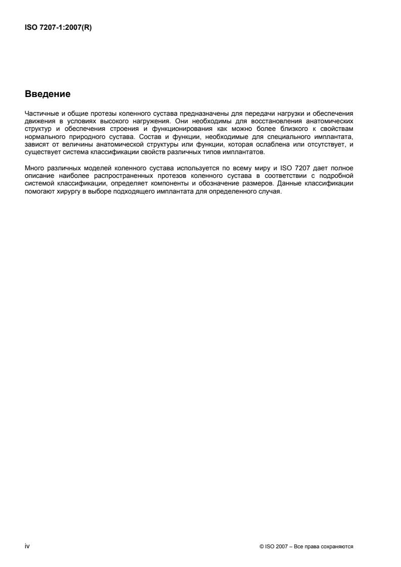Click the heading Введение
click(48, 94)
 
